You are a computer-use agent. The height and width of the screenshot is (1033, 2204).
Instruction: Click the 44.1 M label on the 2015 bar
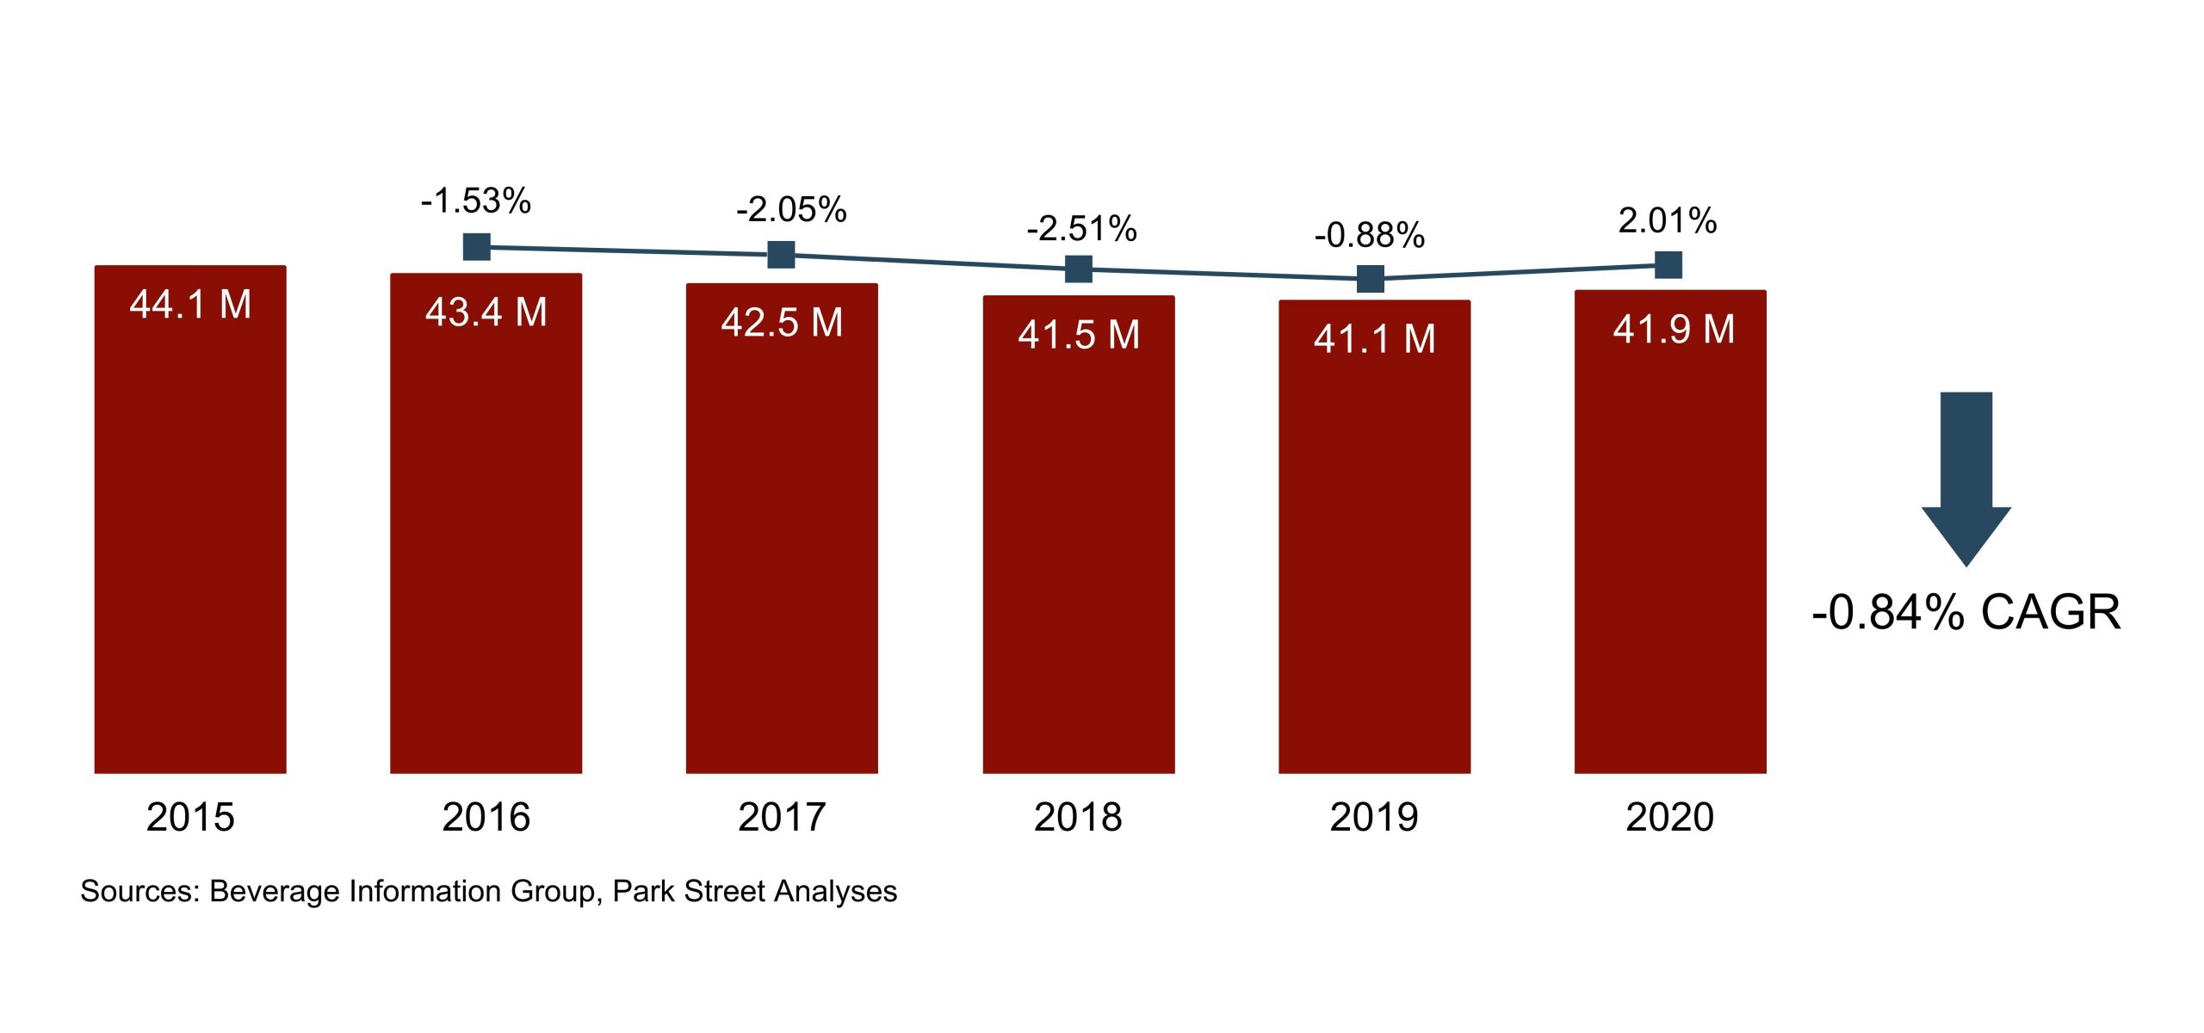[190, 305]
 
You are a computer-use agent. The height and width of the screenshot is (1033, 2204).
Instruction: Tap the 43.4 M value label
[486, 312]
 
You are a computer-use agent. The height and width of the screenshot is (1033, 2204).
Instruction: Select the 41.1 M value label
[1375, 339]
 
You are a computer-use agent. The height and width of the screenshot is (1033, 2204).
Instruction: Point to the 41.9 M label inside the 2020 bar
[1674, 330]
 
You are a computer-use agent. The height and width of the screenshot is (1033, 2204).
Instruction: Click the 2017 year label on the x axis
[782, 817]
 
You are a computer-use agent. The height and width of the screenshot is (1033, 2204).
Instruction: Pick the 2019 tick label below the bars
[1374, 817]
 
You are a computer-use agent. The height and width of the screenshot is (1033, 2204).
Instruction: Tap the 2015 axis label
[190, 817]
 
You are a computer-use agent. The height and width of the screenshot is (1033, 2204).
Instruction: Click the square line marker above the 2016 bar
[477, 247]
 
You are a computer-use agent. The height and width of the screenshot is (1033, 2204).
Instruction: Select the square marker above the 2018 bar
[1079, 269]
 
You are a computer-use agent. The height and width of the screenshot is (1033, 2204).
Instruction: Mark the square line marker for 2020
[1668, 265]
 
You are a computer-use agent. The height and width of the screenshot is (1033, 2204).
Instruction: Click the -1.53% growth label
[476, 201]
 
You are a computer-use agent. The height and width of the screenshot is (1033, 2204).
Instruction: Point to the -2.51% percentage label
[1081, 229]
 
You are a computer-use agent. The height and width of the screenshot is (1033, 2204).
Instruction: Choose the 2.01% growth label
[1668, 221]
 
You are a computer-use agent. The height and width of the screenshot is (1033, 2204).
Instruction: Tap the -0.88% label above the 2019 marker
[1370, 235]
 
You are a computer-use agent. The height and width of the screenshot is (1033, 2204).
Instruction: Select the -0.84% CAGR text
[1966, 613]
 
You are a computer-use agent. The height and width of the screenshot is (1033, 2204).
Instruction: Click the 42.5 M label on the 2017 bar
[782, 324]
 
